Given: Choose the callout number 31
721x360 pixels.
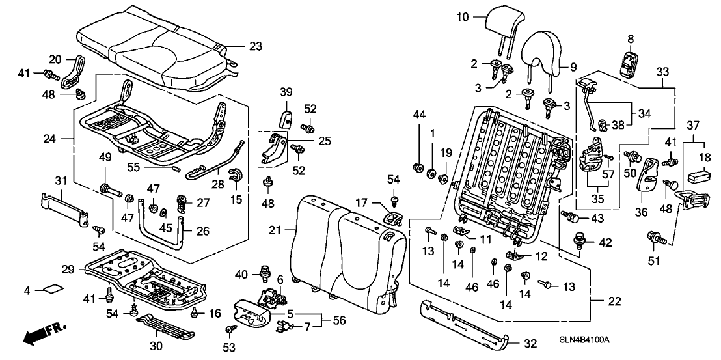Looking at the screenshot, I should click(61, 180).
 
